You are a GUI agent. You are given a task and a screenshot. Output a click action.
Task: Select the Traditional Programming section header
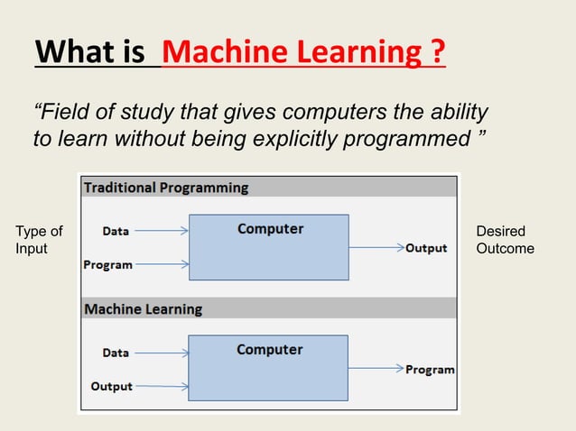(166, 188)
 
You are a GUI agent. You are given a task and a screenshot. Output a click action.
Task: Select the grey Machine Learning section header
(143, 309)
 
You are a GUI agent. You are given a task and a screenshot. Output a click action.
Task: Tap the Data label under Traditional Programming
(116, 231)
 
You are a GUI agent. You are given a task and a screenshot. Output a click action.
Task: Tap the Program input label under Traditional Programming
(108, 265)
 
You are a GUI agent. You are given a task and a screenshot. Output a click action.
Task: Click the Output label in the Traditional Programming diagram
(426, 248)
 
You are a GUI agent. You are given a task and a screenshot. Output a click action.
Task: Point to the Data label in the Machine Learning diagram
(116, 353)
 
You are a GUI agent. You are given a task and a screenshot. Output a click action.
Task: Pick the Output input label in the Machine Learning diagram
(111, 386)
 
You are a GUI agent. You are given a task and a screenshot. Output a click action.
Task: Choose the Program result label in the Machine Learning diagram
(430, 370)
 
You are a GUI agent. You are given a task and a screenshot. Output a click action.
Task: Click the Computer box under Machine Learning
(268, 368)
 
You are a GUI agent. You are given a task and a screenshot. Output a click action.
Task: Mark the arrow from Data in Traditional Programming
(162, 231)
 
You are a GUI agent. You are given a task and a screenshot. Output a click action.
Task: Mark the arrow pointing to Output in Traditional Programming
(376, 248)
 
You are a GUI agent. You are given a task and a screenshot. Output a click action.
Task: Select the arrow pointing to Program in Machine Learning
(376, 369)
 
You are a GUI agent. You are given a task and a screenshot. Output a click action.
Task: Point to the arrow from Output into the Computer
(162, 386)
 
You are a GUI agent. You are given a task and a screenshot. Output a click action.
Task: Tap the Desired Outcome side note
(505, 241)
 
